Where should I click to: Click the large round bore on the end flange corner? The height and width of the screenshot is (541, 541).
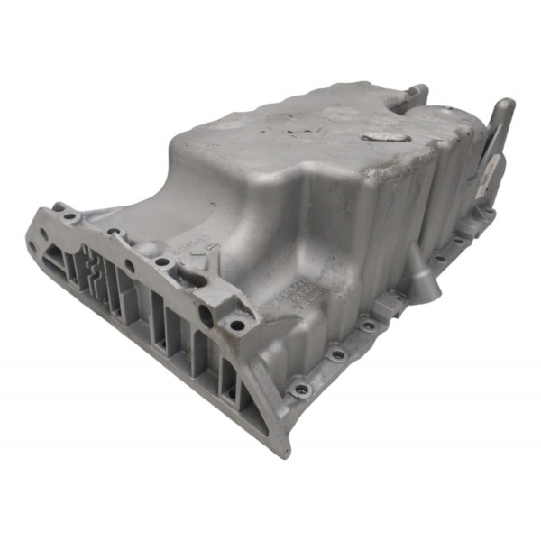(206, 315)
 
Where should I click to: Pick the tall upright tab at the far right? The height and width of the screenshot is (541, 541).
(501, 126)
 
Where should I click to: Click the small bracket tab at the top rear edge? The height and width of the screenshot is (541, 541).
(417, 93)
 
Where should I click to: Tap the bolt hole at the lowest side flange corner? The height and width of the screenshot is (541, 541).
(300, 389)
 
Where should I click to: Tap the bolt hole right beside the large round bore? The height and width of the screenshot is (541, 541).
(236, 326)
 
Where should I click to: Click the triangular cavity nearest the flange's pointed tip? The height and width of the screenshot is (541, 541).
(230, 382)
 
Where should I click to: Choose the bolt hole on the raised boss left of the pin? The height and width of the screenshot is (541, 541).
(162, 262)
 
